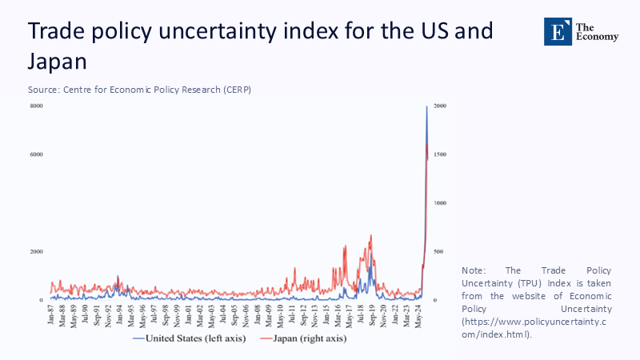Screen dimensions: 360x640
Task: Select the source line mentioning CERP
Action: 139,89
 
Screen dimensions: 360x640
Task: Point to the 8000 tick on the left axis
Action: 37,106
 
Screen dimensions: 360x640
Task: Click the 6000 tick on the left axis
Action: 37,154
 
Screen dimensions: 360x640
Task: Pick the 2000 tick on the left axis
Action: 37,252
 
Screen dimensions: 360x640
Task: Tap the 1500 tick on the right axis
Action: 441,154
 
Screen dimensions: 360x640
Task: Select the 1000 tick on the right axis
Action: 441,203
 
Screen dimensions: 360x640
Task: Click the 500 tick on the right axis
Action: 439,252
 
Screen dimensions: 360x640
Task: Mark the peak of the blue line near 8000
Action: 426,107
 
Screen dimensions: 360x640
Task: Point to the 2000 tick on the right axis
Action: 441,106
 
